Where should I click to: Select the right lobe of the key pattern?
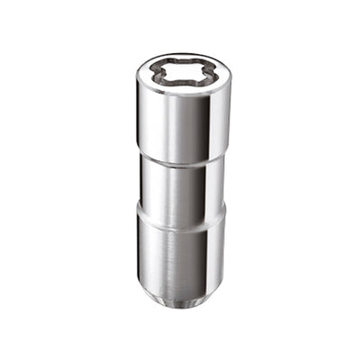(x=202, y=75)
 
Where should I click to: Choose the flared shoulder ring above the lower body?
(x=180, y=216)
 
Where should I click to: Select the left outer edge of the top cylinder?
(x=139, y=117)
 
